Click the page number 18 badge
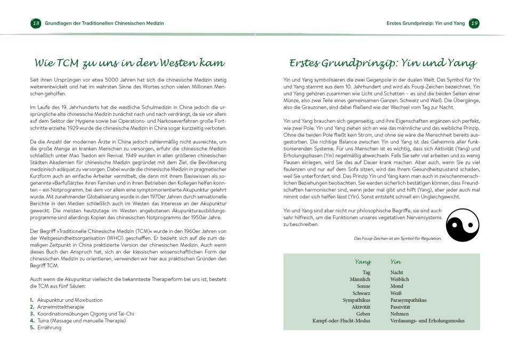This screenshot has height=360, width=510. [36, 23]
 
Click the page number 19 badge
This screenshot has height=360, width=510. [474, 23]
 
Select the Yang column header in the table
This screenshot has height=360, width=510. [362, 262]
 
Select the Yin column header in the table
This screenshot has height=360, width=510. [395, 262]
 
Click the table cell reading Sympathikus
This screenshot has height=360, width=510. [357, 300]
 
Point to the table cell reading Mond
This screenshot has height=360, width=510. [397, 286]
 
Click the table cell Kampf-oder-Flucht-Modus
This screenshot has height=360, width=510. [341, 321]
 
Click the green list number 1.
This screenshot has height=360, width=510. [32, 300]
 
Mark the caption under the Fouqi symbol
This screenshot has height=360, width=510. [398, 238]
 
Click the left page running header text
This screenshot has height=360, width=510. [104, 23]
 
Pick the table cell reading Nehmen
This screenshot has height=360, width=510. [400, 314]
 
